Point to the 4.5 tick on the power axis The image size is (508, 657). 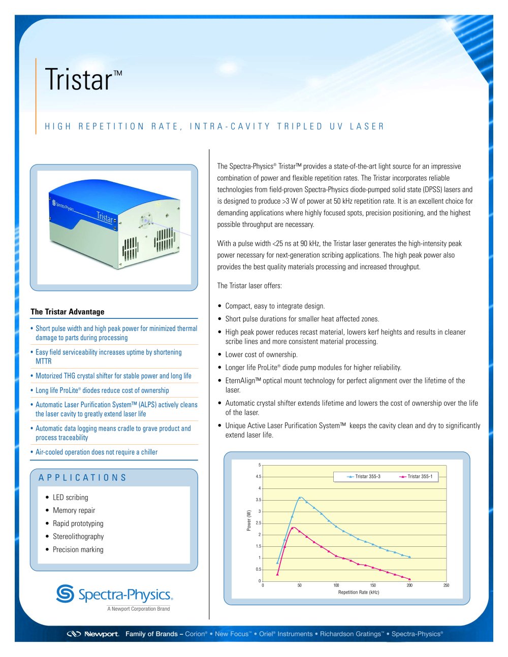click(x=259, y=477)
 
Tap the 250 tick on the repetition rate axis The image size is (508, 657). click(x=446, y=585)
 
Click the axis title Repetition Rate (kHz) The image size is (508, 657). click(x=359, y=593)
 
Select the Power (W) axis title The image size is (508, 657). click(x=249, y=520)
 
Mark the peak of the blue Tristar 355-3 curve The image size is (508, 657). click(x=300, y=498)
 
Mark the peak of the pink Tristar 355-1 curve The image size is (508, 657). click(x=293, y=528)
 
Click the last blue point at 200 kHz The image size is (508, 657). click(x=409, y=557)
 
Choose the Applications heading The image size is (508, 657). click(x=82, y=478)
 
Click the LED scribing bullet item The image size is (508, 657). click(x=70, y=498)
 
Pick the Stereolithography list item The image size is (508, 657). click(x=78, y=536)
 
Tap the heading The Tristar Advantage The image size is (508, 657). click(x=67, y=312)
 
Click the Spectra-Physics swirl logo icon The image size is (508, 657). click(x=65, y=594)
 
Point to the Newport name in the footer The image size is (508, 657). click(x=101, y=634)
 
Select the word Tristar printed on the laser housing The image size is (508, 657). click(x=105, y=217)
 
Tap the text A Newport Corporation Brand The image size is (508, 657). click(x=138, y=609)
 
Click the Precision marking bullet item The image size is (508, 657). click(x=78, y=549)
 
